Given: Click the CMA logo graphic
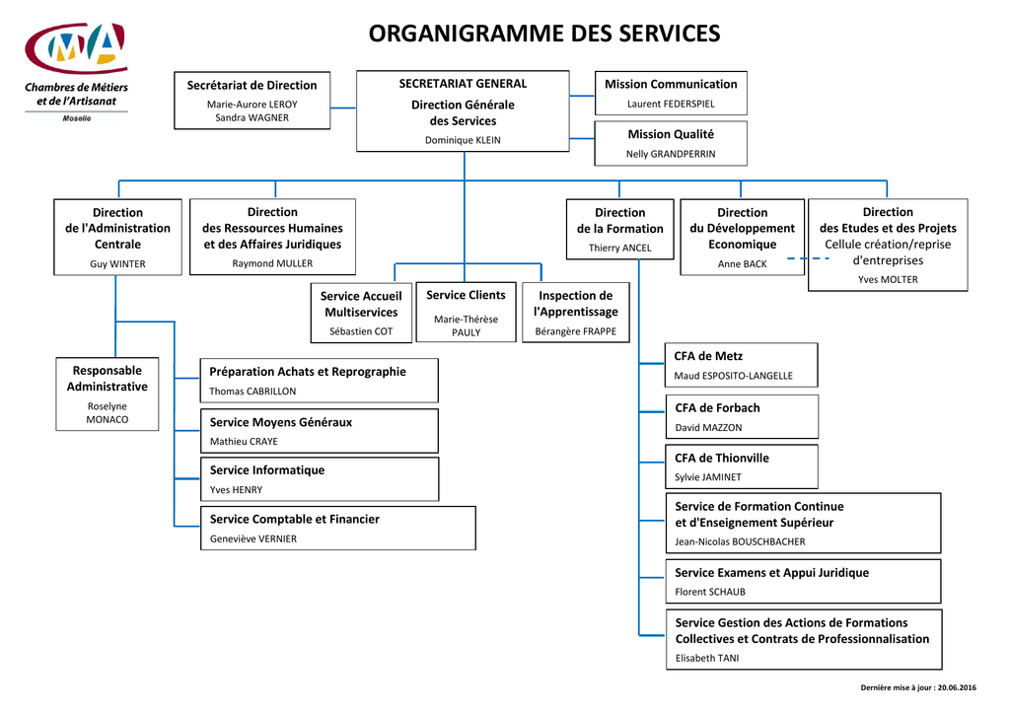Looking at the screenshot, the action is [x=76, y=47].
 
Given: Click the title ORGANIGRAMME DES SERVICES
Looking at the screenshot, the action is [x=544, y=34].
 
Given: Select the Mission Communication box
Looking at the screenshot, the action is [x=671, y=93].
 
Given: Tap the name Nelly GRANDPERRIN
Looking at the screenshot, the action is [x=671, y=154].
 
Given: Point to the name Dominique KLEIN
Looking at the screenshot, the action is [x=463, y=140].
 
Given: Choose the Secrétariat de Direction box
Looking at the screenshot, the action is [x=252, y=101].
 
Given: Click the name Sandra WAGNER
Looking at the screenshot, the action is [x=252, y=117].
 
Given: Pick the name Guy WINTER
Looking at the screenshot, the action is [x=117, y=263].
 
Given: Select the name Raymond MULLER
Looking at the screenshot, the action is [x=272, y=262].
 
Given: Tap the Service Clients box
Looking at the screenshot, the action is [x=466, y=312].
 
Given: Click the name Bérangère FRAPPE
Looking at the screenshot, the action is [x=575, y=331].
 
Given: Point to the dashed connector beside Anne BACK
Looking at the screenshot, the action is [x=809, y=258].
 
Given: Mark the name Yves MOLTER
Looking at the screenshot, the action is [x=888, y=279].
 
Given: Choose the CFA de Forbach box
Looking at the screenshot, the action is [x=742, y=417].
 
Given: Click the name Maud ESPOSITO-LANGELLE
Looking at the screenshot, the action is [x=733, y=376].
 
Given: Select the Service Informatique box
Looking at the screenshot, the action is [x=320, y=479].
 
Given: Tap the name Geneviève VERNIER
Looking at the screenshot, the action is [x=253, y=538].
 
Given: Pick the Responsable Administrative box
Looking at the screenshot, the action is [x=107, y=394].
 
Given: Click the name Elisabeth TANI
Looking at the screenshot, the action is [x=706, y=658].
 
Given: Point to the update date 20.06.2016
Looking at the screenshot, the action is [x=957, y=687].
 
